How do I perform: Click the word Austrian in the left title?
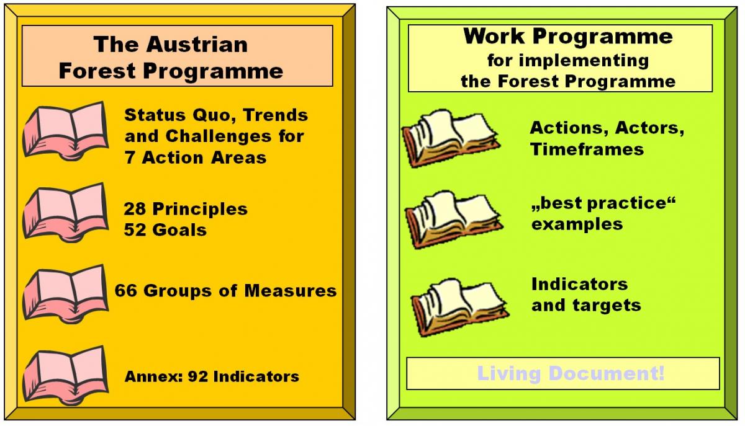click(x=197, y=44)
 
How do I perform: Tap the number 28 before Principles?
click(x=135, y=209)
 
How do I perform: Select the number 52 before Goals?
click(x=135, y=230)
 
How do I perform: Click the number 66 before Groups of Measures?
click(x=125, y=290)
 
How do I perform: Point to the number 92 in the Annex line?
click(x=198, y=376)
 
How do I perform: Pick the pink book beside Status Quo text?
click(x=66, y=131)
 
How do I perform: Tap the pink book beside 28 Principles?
click(x=66, y=212)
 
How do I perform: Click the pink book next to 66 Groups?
click(x=66, y=294)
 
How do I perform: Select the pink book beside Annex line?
click(x=66, y=375)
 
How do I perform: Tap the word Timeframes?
click(x=587, y=149)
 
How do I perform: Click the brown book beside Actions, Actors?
click(x=451, y=138)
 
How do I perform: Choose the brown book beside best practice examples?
click(x=454, y=220)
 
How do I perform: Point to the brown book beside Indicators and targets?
click(x=460, y=308)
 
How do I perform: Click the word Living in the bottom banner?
click(x=509, y=374)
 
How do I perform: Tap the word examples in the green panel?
click(x=577, y=224)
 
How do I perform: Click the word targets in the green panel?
click(x=607, y=306)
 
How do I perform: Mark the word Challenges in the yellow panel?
click(x=218, y=136)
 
